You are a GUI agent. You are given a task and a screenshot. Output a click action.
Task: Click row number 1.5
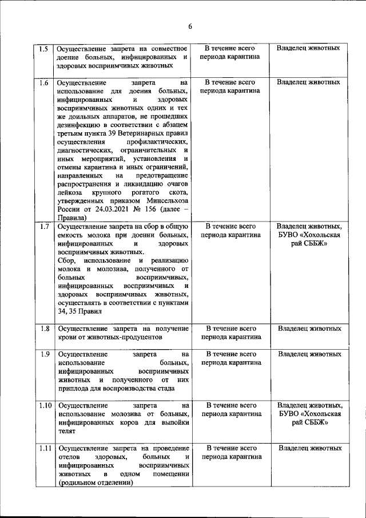(42, 49)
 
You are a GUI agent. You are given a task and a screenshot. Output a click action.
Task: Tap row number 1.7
(43, 226)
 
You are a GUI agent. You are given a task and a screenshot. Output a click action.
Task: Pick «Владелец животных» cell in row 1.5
(308, 48)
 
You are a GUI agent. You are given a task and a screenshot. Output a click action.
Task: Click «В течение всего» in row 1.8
(230, 329)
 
